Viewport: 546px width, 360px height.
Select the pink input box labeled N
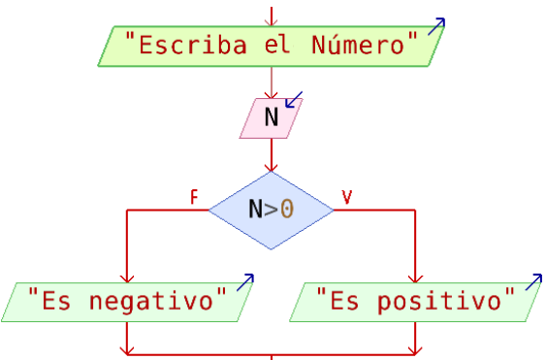(x=271, y=118)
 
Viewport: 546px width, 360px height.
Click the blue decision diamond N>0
(x=271, y=210)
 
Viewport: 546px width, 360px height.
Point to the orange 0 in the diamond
(x=287, y=210)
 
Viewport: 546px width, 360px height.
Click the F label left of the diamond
(x=194, y=197)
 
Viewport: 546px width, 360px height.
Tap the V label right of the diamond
(x=346, y=197)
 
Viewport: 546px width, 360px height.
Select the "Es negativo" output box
(x=126, y=302)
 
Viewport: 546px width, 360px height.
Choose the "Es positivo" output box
(x=415, y=302)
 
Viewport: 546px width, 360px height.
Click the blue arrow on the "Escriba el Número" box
(x=437, y=26)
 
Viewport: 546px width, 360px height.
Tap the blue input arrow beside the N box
(x=293, y=100)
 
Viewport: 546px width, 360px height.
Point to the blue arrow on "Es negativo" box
(x=244, y=282)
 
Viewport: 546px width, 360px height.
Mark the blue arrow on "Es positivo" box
(x=532, y=282)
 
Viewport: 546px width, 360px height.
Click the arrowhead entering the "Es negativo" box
(x=127, y=278)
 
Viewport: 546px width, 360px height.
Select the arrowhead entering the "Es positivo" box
(x=415, y=278)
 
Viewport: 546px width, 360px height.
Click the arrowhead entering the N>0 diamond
(x=272, y=167)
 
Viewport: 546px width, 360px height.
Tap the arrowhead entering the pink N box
(x=272, y=93)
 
